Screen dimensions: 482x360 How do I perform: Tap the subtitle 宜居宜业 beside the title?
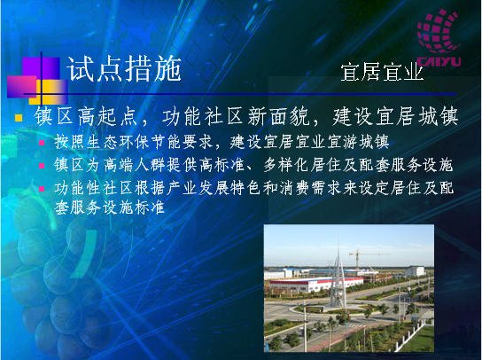(x=382, y=73)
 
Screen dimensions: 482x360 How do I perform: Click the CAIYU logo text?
(x=439, y=61)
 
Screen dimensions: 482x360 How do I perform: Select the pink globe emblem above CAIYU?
(x=438, y=31)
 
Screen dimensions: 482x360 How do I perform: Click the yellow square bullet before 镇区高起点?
(x=19, y=118)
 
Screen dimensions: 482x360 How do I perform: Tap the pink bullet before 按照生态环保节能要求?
(x=42, y=143)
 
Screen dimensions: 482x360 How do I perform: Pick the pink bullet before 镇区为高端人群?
(x=42, y=166)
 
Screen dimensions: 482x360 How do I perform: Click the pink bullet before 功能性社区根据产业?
(x=42, y=189)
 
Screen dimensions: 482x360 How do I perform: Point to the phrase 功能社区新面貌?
(x=235, y=117)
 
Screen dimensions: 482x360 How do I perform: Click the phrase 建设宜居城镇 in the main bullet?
(x=395, y=117)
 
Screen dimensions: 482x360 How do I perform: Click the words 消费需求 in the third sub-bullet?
(x=310, y=188)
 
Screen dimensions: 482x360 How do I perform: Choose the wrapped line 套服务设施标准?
(x=109, y=207)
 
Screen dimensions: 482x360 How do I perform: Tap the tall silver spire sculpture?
(x=338, y=274)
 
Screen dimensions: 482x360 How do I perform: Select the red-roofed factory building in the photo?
(x=315, y=285)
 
